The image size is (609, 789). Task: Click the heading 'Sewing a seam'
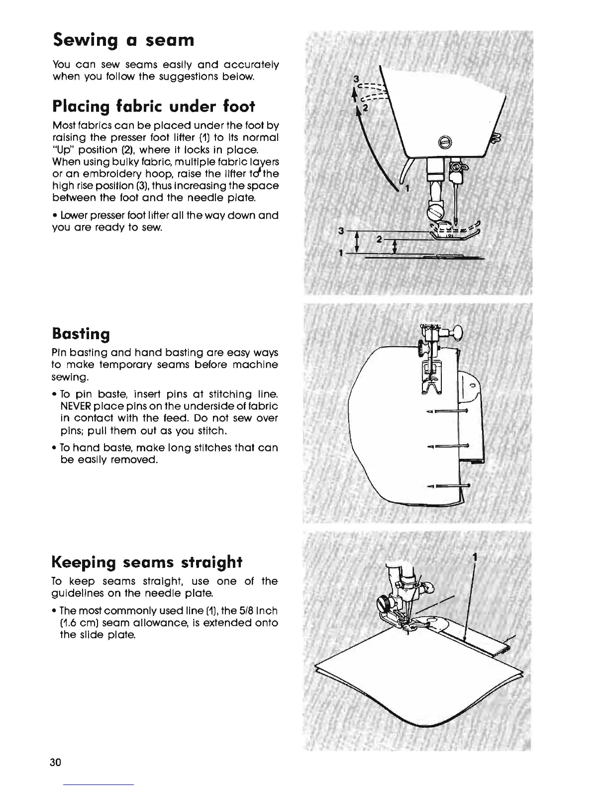pos(123,40)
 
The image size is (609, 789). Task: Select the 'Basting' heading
pos(81,333)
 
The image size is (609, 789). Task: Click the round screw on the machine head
pos(446,142)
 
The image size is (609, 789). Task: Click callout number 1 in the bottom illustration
pos(475,557)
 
